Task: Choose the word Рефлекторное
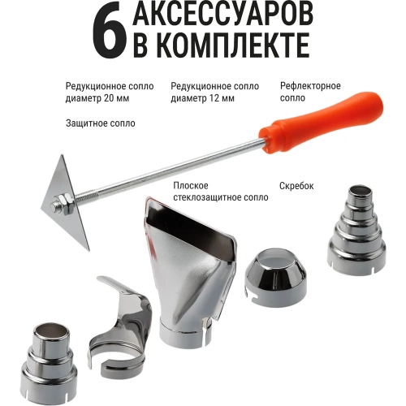click(x=309, y=86)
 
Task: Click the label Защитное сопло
click(x=100, y=123)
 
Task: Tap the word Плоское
click(x=192, y=185)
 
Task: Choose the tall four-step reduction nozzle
click(x=357, y=231)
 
